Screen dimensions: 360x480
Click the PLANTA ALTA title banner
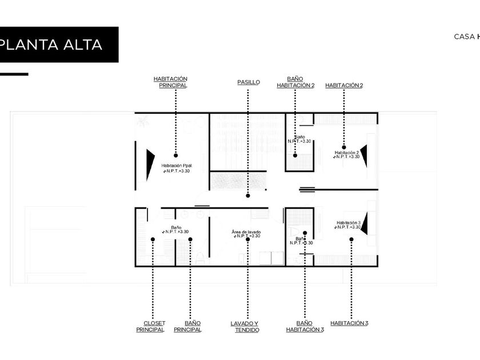57,45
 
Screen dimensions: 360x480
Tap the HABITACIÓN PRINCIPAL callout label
170,82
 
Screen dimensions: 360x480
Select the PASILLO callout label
249,82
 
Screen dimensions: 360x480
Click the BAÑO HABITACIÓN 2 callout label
295,82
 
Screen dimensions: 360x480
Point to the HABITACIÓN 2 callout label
344,85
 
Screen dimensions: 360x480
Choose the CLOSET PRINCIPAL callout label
150,326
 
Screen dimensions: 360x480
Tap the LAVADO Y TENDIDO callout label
246,326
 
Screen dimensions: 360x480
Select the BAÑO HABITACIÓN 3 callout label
305,326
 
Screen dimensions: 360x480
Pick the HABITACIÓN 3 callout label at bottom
349,323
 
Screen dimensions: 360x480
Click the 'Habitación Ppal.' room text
176,165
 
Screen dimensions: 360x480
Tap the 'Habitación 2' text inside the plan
347,153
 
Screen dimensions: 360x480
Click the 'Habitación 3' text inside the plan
348,222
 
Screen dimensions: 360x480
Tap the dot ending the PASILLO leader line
248,195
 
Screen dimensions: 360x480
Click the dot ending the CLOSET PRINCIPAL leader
153,239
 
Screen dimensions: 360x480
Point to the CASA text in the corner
464,36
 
